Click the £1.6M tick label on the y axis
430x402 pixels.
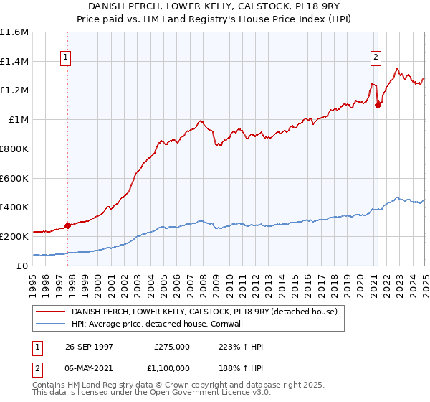click(x=14, y=32)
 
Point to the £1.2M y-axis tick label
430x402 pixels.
click(x=14, y=90)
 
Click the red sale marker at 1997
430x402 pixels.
click(x=68, y=225)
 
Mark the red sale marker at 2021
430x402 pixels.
click(x=377, y=105)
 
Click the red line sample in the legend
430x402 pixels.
click(x=52, y=312)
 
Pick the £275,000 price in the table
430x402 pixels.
click(x=172, y=346)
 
